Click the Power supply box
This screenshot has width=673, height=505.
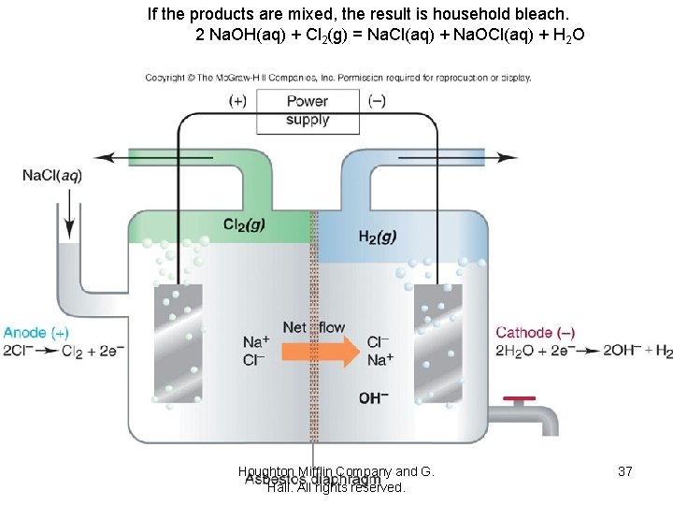click(308, 109)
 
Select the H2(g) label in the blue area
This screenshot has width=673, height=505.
click(377, 237)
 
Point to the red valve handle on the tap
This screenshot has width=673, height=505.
click(519, 400)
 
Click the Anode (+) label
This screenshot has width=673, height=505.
click(36, 333)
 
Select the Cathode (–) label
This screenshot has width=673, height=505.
click(536, 333)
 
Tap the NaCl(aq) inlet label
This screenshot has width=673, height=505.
click(52, 176)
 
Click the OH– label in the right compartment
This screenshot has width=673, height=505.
click(374, 397)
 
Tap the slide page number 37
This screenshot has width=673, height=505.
click(624, 472)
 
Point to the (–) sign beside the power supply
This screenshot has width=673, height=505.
click(378, 100)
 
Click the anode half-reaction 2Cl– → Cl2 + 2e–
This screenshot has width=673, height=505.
click(63, 352)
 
